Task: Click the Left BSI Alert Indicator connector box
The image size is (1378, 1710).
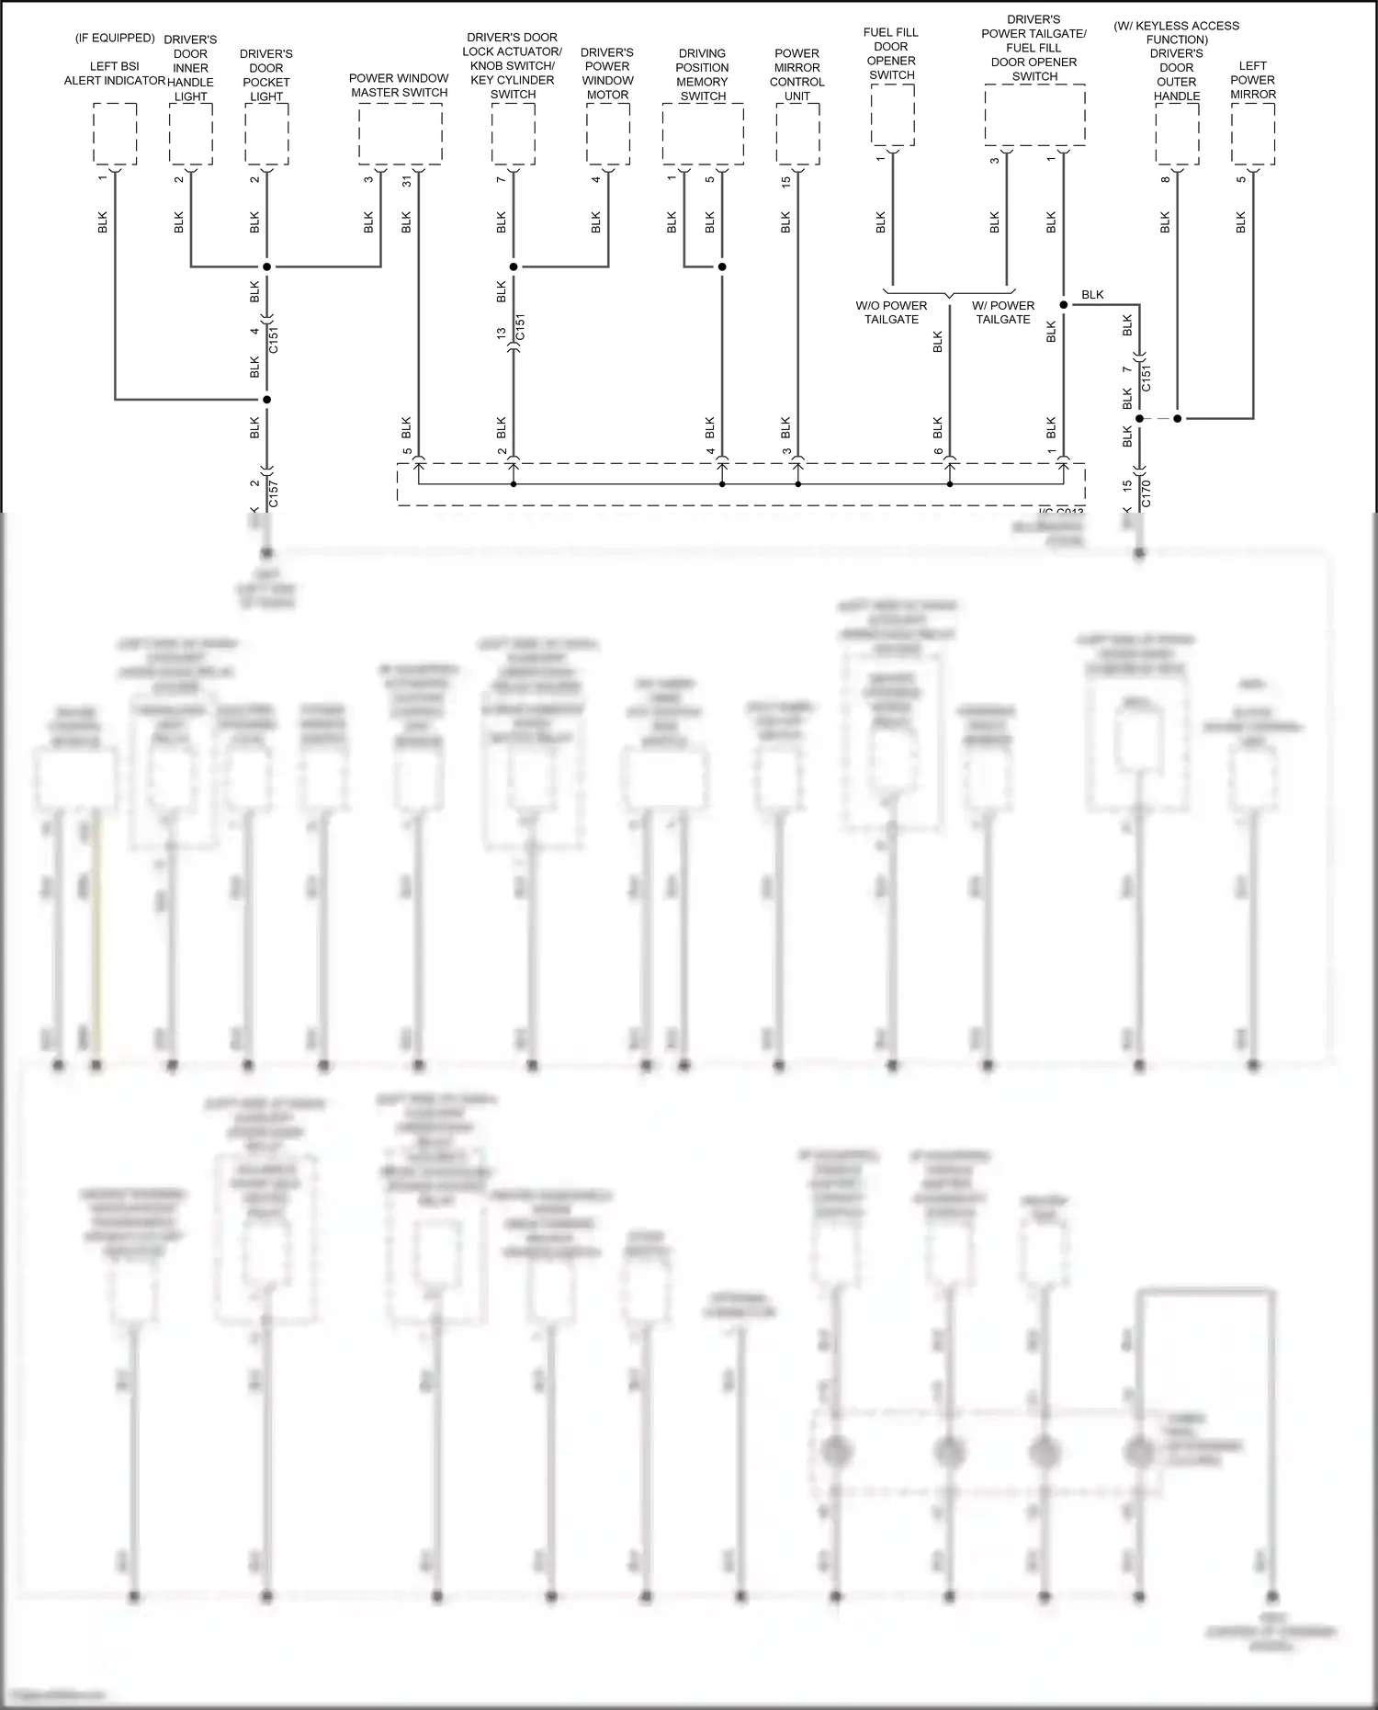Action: tap(115, 134)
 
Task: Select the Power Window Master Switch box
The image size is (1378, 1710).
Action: tap(400, 134)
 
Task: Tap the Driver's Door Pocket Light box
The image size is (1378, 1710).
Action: tap(266, 134)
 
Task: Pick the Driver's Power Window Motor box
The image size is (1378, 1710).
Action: tap(608, 134)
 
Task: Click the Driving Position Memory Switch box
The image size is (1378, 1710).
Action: tap(703, 134)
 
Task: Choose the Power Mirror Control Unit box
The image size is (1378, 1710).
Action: tap(797, 134)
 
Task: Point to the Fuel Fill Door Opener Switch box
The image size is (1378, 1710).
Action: tap(892, 114)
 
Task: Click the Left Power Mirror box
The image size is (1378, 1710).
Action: tap(1253, 134)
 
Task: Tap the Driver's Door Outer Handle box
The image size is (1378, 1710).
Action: tap(1177, 134)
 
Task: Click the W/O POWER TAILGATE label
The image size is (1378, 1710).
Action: tap(891, 312)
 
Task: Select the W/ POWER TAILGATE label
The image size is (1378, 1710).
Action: tap(1003, 312)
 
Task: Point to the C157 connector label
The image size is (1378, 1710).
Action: tap(274, 493)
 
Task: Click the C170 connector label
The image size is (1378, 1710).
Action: tap(1146, 493)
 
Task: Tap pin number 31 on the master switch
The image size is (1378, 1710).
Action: tap(407, 180)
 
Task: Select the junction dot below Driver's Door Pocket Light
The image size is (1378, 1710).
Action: tap(267, 267)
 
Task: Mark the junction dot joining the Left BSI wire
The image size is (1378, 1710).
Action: tap(267, 400)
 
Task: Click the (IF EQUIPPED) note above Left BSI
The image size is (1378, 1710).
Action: tap(115, 38)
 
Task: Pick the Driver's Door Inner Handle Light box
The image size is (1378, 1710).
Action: tap(191, 134)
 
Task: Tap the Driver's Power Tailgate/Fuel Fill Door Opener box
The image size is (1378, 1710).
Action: tap(1034, 115)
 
